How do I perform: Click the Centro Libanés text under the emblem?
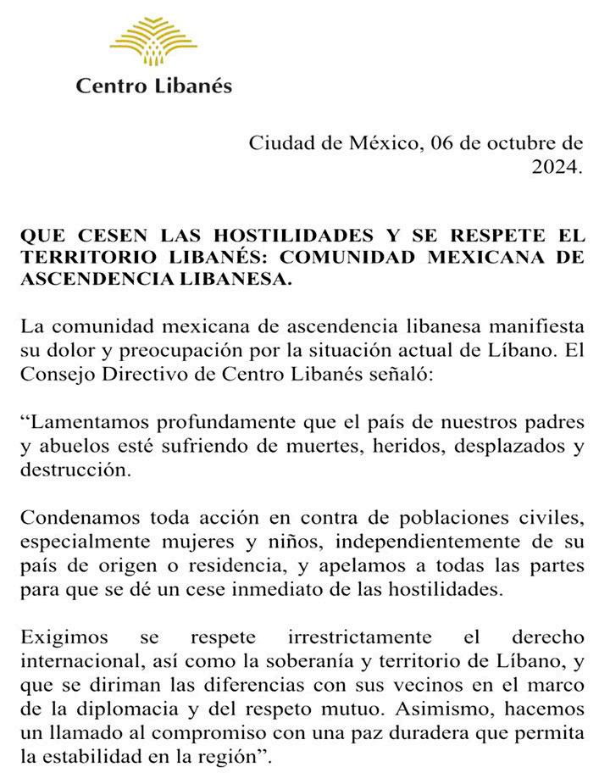[x=153, y=85]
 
